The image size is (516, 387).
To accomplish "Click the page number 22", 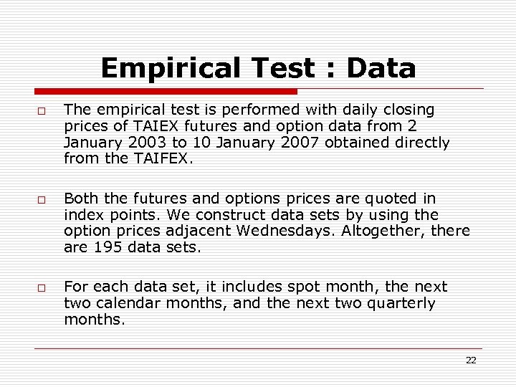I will [x=471, y=360].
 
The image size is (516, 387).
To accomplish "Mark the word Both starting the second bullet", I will [x=79, y=198].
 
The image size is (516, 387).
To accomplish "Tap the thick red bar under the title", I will [x=166, y=92].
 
